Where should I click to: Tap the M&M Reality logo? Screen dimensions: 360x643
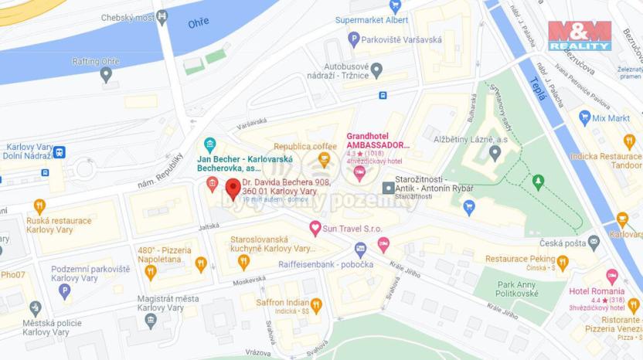point(580,36)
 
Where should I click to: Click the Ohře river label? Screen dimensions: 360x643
point(199,23)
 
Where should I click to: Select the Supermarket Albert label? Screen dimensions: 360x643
point(372,19)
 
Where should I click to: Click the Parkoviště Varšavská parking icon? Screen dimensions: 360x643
point(354,39)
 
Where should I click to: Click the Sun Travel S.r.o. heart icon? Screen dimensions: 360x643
point(315,228)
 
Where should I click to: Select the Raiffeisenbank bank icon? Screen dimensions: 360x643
point(360,249)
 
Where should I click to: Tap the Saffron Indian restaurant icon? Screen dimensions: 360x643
point(316,304)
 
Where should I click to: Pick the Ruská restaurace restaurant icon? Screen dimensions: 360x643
point(39,206)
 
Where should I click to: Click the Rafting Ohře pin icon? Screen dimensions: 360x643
point(106,74)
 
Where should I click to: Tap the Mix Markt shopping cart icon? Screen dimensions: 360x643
point(585,118)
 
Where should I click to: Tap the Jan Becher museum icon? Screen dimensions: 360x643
point(209,145)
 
